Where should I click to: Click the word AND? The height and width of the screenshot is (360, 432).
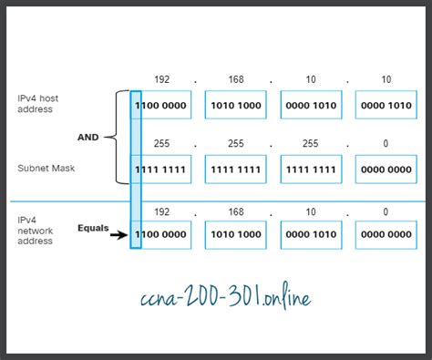tap(87, 138)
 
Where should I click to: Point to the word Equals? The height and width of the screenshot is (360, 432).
tap(93, 228)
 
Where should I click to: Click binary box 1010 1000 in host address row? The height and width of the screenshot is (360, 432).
tap(235, 105)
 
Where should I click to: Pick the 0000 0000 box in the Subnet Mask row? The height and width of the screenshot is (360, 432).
tap(386, 169)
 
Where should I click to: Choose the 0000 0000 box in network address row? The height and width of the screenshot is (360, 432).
tap(386, 234)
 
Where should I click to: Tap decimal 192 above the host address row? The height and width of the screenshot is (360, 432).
tap(161, 78)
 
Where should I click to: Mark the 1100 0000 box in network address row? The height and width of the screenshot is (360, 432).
tap(161, 234)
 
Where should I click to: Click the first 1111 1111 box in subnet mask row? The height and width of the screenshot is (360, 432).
tap(161, 169)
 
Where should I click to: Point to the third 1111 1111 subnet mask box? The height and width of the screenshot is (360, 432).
tap(311, 169)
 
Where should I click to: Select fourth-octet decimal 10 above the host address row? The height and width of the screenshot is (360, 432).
tap(386, 78)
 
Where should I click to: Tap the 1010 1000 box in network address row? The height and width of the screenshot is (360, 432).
tap(235, 234)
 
